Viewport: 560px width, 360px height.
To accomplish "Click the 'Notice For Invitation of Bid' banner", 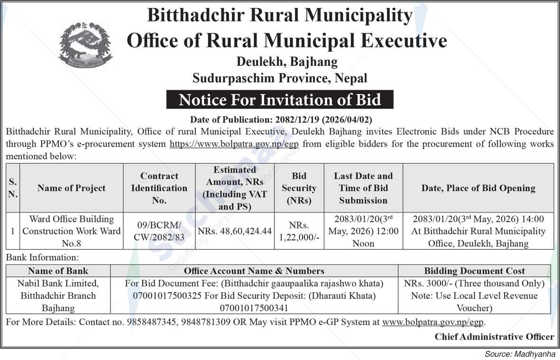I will click(279, 100).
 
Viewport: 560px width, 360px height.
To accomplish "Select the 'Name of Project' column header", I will click(72, 188).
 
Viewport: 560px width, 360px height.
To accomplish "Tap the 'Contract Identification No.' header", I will click(159, 188).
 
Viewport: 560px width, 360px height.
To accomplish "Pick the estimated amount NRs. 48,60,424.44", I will click(235, 231).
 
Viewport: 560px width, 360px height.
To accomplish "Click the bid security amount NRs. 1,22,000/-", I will click(299, 231).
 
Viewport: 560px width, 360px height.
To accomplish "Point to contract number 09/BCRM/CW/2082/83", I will click(159, 231).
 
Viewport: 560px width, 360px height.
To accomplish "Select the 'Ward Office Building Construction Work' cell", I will click(72, 231).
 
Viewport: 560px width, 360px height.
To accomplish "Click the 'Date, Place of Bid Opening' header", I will click(478, 188).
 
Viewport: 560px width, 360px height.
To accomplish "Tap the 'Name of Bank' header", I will click(58, 271).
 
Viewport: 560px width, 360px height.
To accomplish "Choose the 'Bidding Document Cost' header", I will click(474, 271).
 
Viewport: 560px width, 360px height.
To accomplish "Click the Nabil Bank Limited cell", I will click(58, 295).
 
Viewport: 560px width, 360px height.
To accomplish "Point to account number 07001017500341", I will click(254, 308).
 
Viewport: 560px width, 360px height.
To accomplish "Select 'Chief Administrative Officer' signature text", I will click(494, 337).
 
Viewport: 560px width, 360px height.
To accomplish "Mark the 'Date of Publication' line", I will click(285, 120).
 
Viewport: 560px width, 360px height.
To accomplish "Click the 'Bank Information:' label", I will click(42, 258).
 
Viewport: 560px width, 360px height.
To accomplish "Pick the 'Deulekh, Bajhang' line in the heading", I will click(287, 62).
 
